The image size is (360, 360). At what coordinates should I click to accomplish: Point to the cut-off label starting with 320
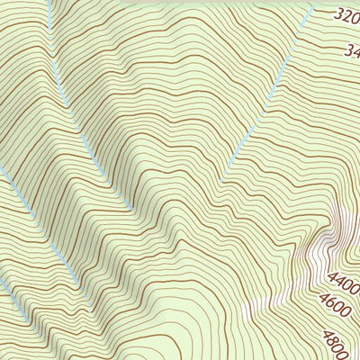click(346, 15)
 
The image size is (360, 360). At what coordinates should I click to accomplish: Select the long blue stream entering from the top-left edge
click(63, 90)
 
